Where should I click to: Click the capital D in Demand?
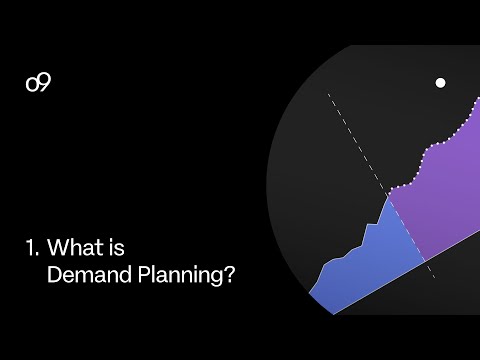[55, 274]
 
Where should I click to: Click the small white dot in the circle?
[440, 83]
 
